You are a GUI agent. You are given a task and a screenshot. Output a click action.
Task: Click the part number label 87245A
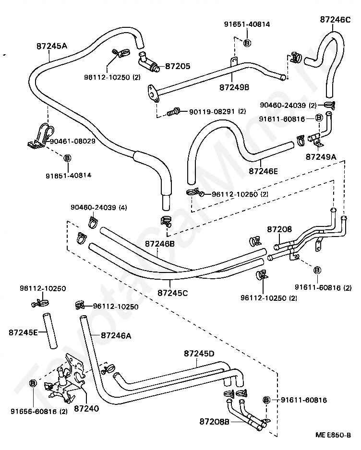[52, 46]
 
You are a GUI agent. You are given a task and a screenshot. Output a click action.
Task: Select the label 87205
[178, 66]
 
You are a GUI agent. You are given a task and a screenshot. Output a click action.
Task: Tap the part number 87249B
[234, 87]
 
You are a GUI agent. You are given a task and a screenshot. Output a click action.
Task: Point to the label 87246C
[335, 20]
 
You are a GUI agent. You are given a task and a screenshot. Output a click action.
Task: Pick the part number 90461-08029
[72, 141]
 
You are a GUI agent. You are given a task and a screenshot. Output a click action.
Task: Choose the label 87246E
[264, 171]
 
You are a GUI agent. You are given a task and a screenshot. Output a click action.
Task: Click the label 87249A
[321, 157]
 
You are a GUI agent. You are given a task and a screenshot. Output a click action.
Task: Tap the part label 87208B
[215, 422]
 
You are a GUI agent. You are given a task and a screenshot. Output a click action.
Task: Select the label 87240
[86, 408]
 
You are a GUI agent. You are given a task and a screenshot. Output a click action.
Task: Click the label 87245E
[23, 332]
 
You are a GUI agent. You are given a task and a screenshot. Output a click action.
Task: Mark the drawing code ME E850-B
[333, 435]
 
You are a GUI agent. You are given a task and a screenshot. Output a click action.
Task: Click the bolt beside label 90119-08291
[173, 112]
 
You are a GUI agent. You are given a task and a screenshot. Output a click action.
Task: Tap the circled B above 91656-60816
[33, 383]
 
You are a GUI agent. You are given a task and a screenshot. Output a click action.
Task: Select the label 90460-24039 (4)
[99, 207]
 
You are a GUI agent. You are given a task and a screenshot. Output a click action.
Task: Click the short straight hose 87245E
[50, 331]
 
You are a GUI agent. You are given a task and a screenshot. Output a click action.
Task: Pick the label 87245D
[199, 353]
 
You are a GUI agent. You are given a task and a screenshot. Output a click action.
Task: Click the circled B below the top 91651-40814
[247, 43]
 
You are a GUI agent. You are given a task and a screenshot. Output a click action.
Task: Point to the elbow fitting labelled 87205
[149, 61]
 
